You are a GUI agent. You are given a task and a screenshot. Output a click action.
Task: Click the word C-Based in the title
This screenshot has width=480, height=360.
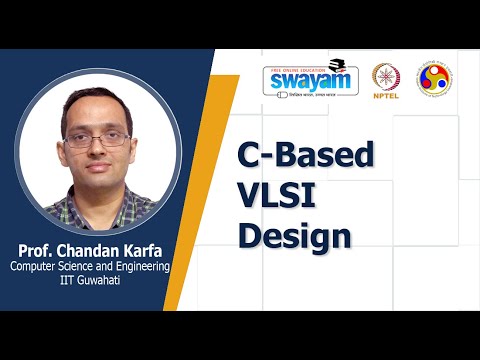click(305, 156)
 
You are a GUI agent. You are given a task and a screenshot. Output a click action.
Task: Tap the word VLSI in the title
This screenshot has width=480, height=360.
click(276, 196)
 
